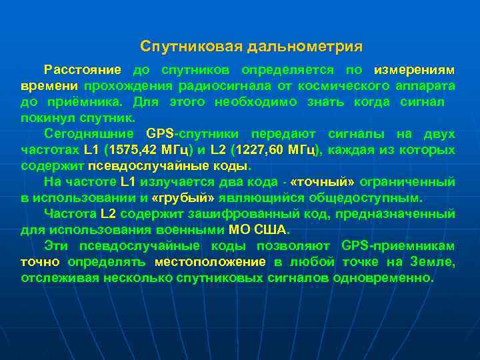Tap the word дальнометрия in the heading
[305, 47]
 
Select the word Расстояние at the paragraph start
[82, 70]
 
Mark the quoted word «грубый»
[183, 198]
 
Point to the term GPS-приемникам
[398, 246]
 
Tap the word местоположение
[210, 262]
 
